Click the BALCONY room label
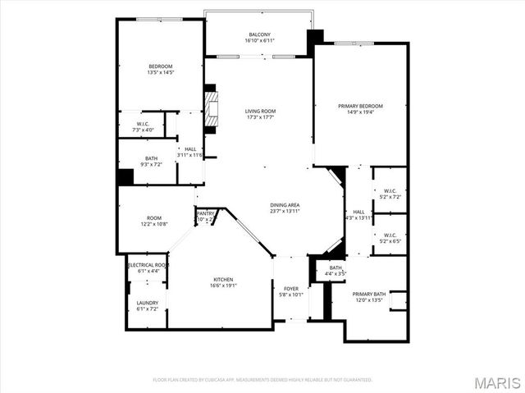tap(260, 34)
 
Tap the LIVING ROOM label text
tap(260, 112)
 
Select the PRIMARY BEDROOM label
tap(360, 106)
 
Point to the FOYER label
tap(291, 288)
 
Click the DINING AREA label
tap(285, 205)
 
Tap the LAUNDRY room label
tap(147, 303)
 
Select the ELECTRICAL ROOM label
tap(148, 266)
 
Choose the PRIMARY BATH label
tap(369, 294)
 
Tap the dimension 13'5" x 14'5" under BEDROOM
tap(160, 73)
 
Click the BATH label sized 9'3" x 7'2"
tap(152, 159)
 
